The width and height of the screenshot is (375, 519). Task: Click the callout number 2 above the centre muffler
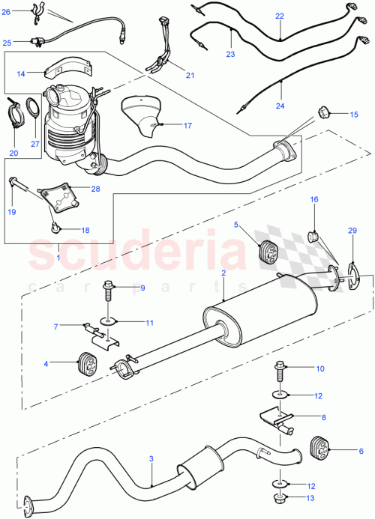click(223, 275)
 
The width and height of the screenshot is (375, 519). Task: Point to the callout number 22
click(279, 15)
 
